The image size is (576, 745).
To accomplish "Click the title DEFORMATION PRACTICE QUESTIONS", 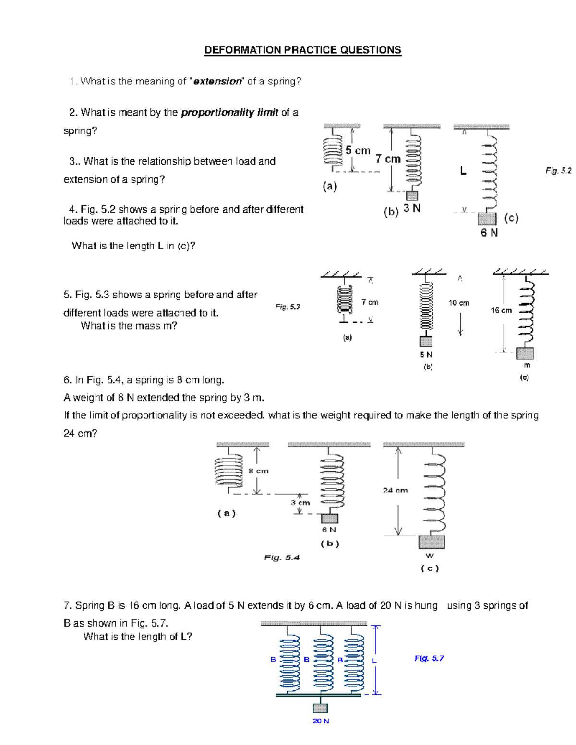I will pos(302,50).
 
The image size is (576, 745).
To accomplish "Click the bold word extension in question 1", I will pos(217,82).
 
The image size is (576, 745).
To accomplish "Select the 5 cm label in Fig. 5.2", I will pos(358,151).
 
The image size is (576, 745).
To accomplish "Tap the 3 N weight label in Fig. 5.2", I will pos(412,208).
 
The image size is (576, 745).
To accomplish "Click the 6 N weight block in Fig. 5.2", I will pos(487,219).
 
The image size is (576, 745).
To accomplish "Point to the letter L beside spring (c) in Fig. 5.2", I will pos(463,171).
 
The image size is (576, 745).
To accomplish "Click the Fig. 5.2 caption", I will pos(558,171).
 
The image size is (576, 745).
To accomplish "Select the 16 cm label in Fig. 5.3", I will pos(501,310).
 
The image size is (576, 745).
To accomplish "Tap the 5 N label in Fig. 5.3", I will pos(426,355).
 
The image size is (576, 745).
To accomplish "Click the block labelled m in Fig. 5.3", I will pos(525,354).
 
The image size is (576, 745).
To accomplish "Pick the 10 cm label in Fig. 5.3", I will pos(459,303).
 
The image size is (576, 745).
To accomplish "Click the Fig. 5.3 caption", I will pos(288,307).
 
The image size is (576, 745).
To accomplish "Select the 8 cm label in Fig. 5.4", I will pos(259,471).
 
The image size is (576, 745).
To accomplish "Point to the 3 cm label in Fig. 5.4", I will pos(300,503).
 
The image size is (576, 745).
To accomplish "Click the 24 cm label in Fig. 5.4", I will pos(395,490).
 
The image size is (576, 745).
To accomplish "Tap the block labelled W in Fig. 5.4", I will pos(431,542).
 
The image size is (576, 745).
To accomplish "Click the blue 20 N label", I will pos(321,721).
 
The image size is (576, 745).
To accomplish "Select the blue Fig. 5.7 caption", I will pos(429,659).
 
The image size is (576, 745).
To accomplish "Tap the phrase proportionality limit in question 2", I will pos(229,113).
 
